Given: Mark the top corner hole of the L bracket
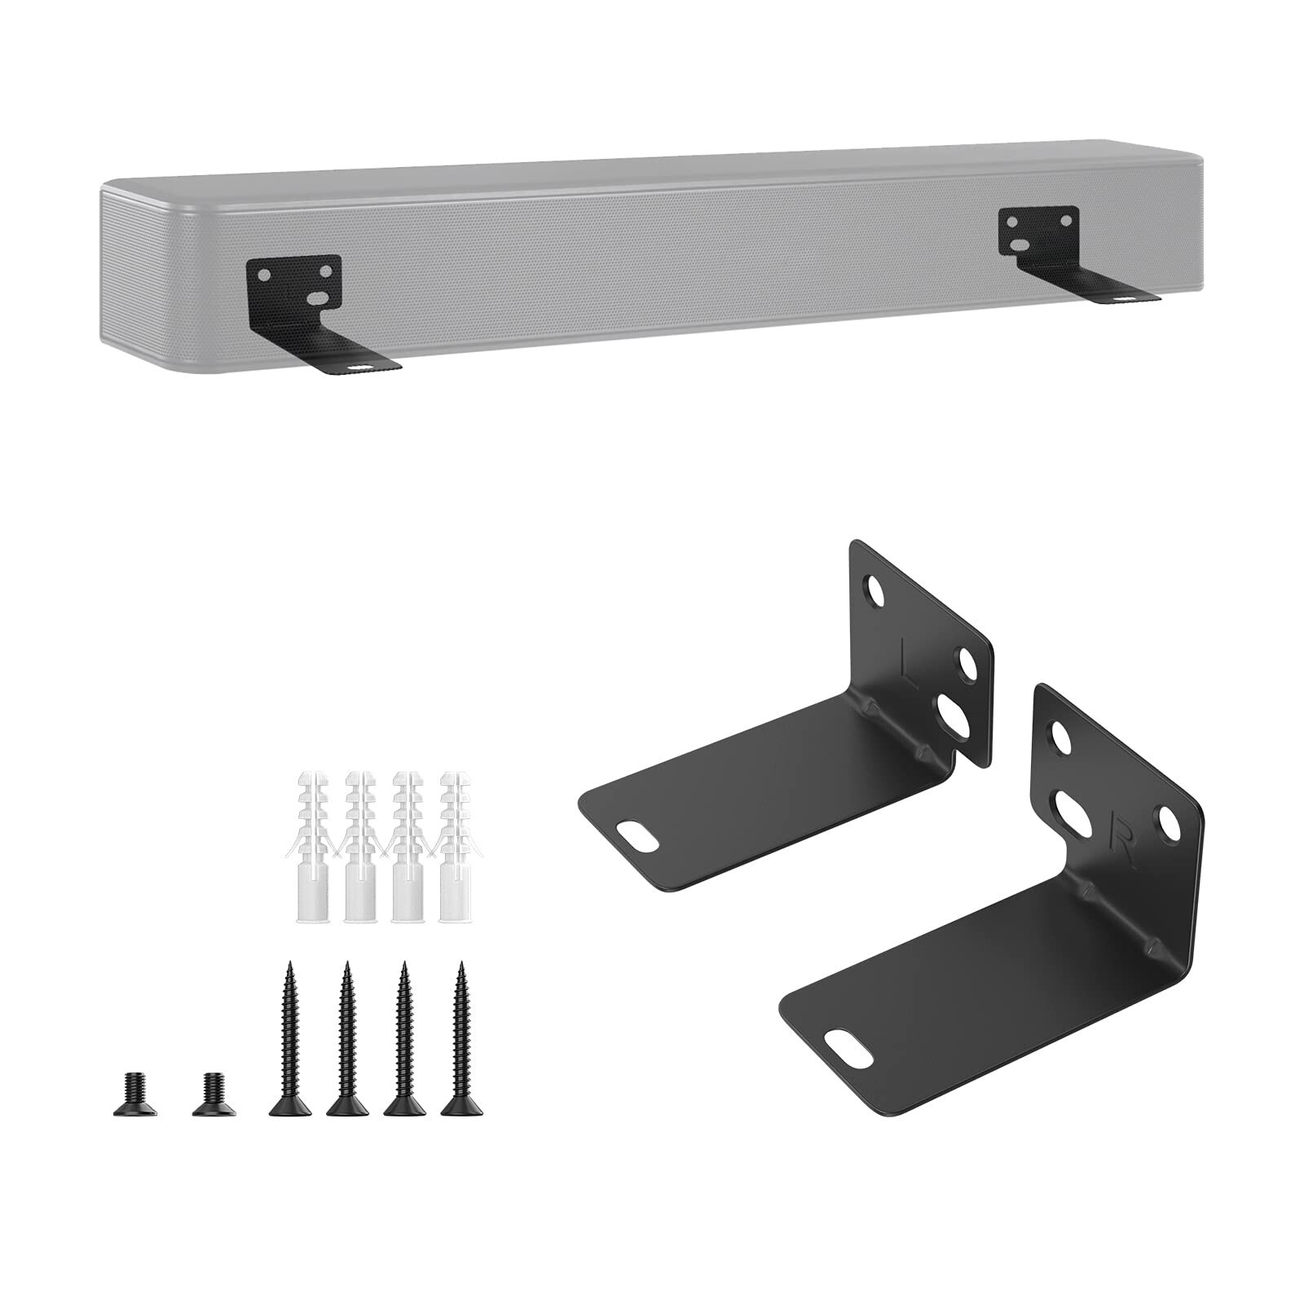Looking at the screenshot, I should click(x=876, y=591).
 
